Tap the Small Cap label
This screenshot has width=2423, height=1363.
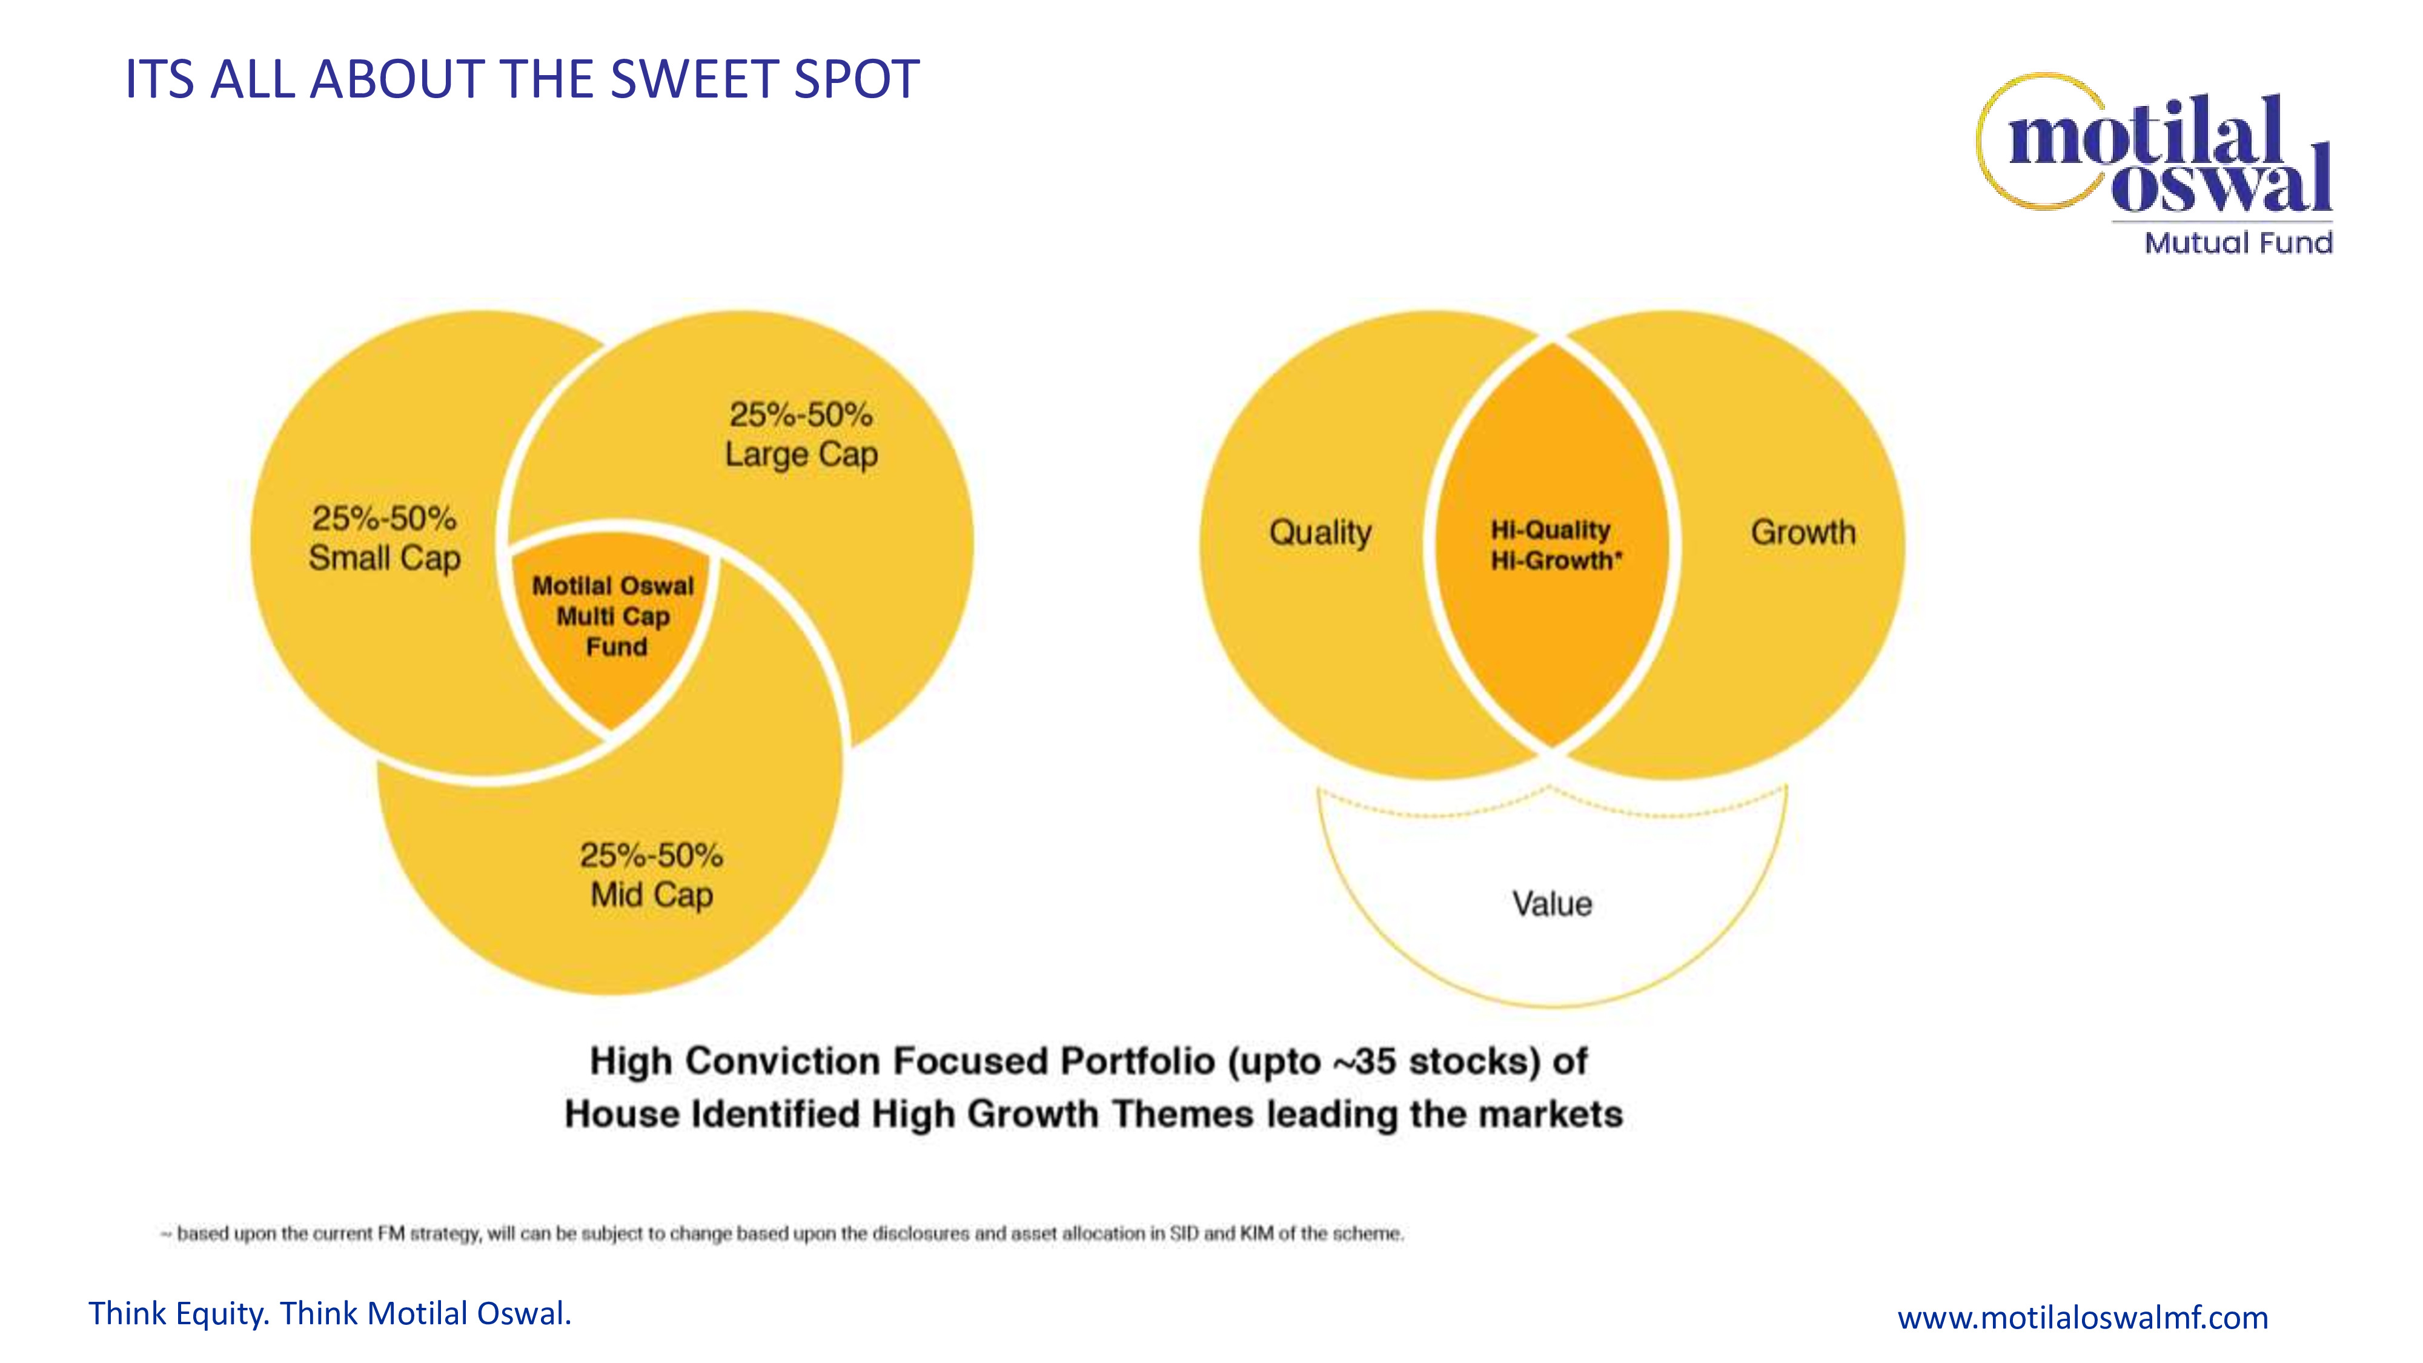[385, 558]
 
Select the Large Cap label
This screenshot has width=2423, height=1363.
[801, 454]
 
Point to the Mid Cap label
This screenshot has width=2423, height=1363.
[652, 895]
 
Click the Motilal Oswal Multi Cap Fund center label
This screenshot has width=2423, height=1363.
[613, 616]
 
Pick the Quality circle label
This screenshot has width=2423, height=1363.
[1321, 533]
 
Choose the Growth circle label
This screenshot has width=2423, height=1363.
[1803, 532]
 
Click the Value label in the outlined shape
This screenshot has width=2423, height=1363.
[1552, 904]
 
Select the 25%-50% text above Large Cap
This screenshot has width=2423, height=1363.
[801, 415]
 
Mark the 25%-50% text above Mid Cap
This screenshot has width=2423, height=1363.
[652, 855]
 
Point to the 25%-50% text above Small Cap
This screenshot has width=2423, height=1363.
[385, 519]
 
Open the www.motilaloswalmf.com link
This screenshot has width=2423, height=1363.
[2083, 1317]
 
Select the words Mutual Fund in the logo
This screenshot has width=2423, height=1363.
[2239, 243]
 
